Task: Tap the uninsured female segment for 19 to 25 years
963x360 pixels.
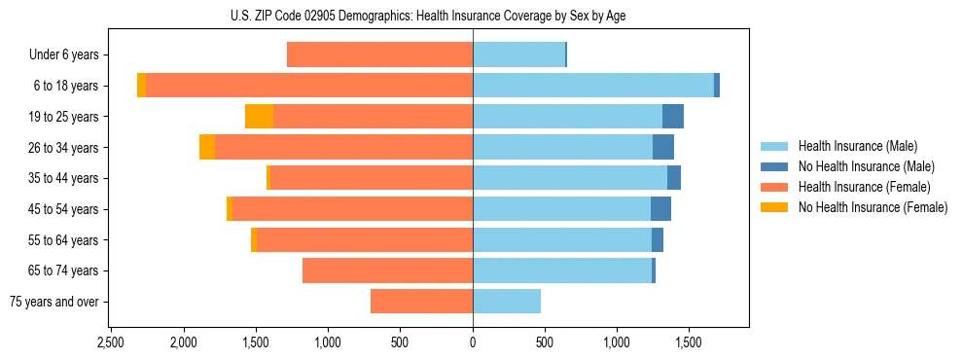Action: pyautogui.click(x=259, y=117)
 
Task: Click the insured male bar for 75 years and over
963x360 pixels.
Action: pyautogui.click(x=507, y=302)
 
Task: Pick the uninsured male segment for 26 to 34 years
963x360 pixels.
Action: pyautogui.click(x=663, y=148)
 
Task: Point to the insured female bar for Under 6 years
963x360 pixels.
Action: pyautogui.click(x=379, y=54)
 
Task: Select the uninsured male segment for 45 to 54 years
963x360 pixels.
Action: pyautogui.click(x=660, y=209)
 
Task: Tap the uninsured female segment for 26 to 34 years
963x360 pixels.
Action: pyautogui.click(x=207, y=148)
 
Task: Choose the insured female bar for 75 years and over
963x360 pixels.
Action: pyautogui.click(x=421, y=302)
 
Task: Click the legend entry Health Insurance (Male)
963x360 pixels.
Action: pyautogui.click(x=857, y=146)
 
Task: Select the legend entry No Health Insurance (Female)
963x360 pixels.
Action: pyautogui.click(x=873, y=207)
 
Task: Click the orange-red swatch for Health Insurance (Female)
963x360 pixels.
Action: pyautogui.click(x=775, y=187)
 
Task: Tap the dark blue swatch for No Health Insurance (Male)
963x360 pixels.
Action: pyautogui.click(x=775, y=166)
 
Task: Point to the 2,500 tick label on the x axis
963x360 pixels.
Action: pyautogui.click(x=110, y=343)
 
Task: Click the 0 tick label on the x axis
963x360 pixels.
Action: pyautogui.click(x=473, y=343)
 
